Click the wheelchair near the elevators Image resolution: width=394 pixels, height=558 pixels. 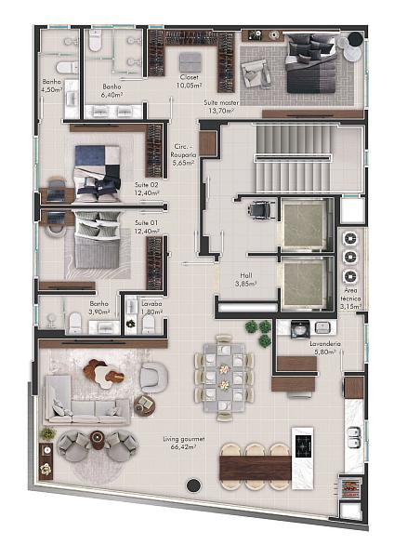pos(263,209)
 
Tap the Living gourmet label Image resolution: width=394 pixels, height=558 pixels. pos(184,439)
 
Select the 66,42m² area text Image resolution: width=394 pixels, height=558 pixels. pos(183,447)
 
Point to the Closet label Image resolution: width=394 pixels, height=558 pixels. pos(189,77)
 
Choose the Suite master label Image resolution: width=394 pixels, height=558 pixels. pos(221,102)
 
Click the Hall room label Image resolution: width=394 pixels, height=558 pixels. pos(245,275)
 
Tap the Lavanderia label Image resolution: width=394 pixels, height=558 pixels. pos(325,344)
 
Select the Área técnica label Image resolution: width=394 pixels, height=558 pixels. pos(350,295)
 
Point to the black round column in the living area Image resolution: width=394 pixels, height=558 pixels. pos(193,485)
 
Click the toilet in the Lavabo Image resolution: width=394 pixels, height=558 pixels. pos(148,325)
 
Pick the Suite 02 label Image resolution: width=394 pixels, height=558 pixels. pos(146,185)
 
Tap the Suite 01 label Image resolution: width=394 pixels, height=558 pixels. pos(146,223)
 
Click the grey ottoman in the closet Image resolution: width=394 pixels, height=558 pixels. pos(190,62)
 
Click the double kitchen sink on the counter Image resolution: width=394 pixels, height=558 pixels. pos(354,438)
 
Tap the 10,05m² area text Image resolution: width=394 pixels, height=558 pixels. pos(189,86)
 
